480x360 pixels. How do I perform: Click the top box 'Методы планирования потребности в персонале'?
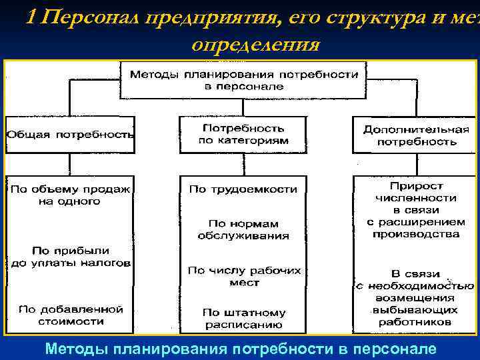pyautogui.click(x=243, y=80)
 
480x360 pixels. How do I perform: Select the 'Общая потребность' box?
pyautogui.click(x=70, y=134)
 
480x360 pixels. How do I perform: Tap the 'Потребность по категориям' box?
pyautogui.click(x=243, y=134)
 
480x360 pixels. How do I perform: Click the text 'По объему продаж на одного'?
pyautogui.click(x=70, y=195)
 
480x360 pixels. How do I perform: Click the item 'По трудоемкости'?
pyautogui.click(x=243, y=189)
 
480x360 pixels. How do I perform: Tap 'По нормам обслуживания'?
pyautogui.click(x=243, y=229)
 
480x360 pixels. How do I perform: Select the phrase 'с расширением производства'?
pyautogui.click(x=416, y=228)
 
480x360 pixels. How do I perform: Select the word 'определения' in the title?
pyautogui.click(x=255, y=45)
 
